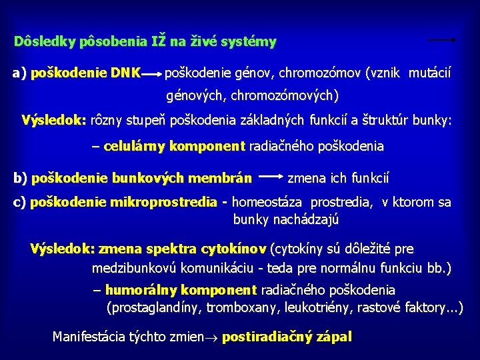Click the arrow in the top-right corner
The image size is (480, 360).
coord(441,40)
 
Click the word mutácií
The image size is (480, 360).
coord(429,71)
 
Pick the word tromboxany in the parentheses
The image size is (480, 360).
coord(243,307)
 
